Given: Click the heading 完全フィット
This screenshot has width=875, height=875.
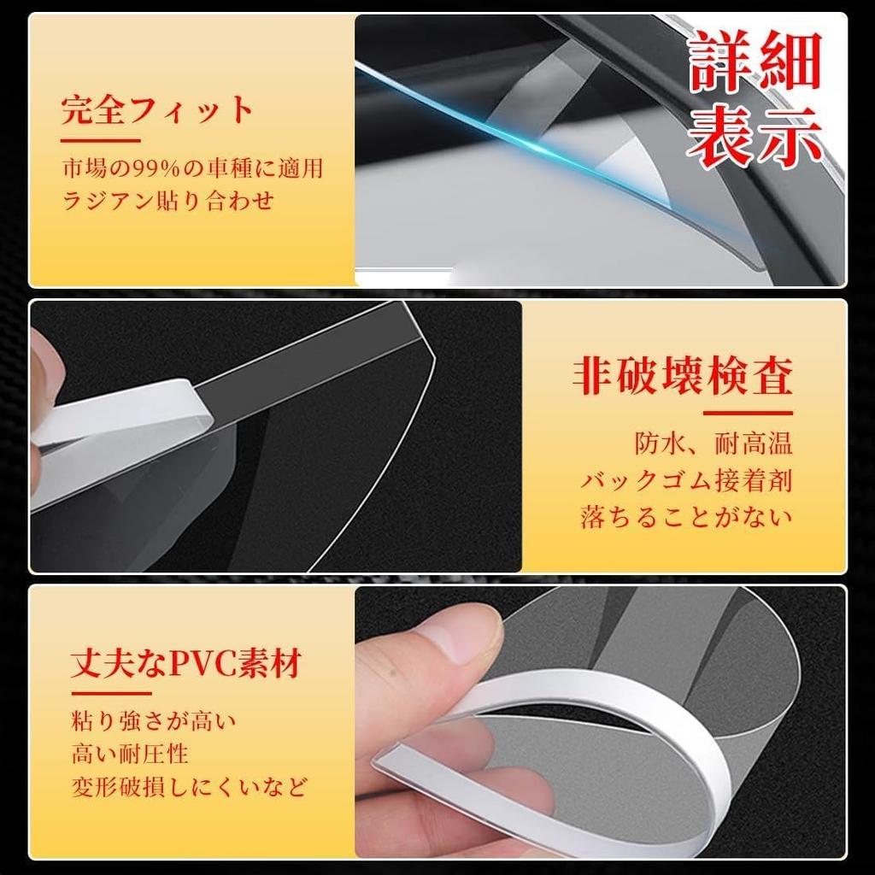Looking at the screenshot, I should click(158, 111).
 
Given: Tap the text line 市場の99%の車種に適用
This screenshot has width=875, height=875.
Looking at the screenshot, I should click(193, 167).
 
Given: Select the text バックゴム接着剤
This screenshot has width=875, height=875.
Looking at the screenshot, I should click(687, 480).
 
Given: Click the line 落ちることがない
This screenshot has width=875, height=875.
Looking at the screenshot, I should click(687, 517).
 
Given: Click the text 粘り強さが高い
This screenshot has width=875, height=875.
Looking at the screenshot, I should click(154, 720).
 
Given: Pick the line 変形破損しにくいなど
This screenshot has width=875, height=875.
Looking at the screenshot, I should click(189, 787).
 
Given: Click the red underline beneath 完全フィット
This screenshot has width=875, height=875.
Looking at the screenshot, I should click(100, 139).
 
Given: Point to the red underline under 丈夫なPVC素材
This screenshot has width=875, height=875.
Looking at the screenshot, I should click(111, 693).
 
